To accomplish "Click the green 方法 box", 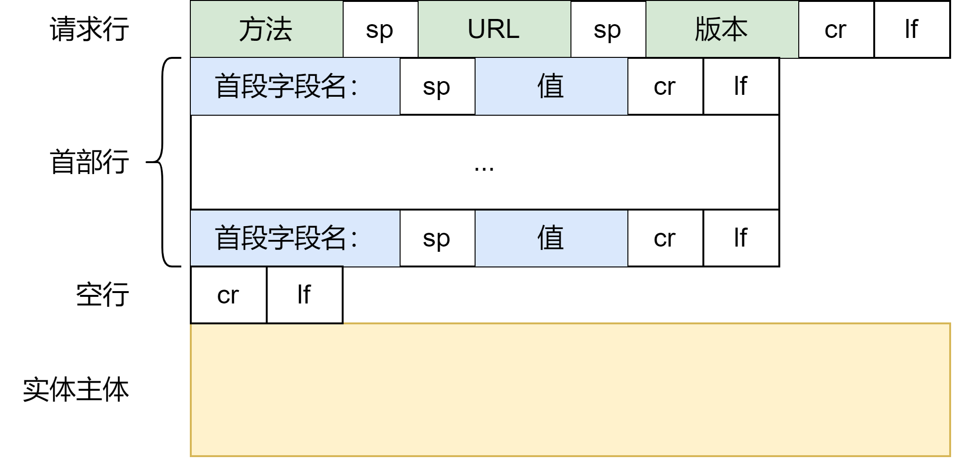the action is coord(266,29).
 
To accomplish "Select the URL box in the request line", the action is coord(494,29).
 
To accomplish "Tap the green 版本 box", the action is coord(722,29).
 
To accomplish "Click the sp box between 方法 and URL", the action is coord(381,29).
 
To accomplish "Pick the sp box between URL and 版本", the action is coord(608,29).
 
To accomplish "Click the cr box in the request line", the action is coord(836,29).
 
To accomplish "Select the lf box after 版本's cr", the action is coord(912,29).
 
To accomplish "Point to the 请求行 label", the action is coord(89,29).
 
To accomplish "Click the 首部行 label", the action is coord(89,161).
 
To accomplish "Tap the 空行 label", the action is coord(103,294).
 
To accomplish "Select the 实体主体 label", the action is coord(76,390).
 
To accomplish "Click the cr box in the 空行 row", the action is coord(228,294).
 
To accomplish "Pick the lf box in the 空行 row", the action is coord(305,294).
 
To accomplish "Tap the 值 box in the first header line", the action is coord(551,86).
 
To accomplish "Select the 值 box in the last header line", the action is coord(551,238).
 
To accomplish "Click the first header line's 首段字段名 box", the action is coord(295,86).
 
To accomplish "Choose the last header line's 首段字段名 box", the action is coord(295,238).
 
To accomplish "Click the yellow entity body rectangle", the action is coord(570,390).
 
